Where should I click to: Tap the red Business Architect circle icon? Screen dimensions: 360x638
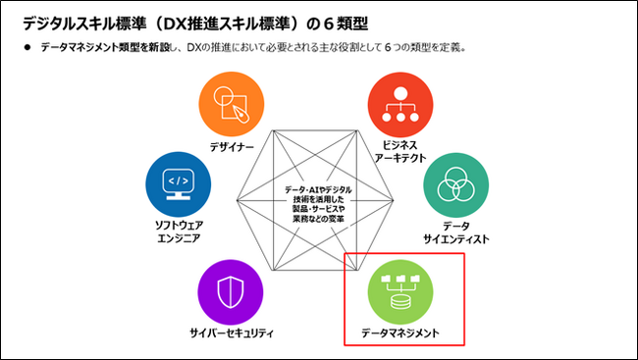[399, 105]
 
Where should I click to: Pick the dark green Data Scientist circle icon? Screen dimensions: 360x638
[454, 185]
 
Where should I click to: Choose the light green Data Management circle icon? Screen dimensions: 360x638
[399, 289]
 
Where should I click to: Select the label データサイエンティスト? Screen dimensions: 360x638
[454, 232]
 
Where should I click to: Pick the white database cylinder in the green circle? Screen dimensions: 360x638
[399, 298]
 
